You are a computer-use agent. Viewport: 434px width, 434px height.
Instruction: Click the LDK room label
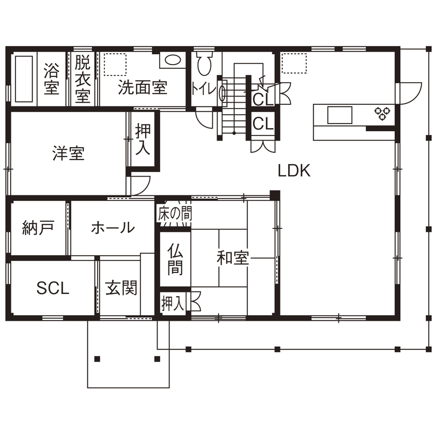point(294,171)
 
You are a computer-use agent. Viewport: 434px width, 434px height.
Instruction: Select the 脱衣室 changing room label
point(82,79)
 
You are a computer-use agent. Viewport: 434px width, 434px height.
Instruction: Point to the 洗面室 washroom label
point(142,87)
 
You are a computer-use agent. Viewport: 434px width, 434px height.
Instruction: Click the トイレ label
point(204,88)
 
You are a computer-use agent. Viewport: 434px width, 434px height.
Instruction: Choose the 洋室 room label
point(68,153)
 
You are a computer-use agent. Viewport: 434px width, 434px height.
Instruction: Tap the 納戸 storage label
point(38,227)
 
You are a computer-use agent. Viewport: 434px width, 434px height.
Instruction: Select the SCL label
point(52,288)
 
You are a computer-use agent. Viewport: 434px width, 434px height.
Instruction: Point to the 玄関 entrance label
point(121,288)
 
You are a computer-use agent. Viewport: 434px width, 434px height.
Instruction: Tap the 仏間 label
point(175,259)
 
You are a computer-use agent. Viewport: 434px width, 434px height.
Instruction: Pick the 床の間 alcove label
point(175,213)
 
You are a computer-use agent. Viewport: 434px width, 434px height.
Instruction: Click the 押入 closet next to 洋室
point(143,139)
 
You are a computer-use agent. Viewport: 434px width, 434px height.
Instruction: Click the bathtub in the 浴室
point(24,79)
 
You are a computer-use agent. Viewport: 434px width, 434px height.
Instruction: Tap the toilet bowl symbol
point(205,64)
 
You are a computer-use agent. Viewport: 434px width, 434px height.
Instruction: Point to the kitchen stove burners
point(382,113)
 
